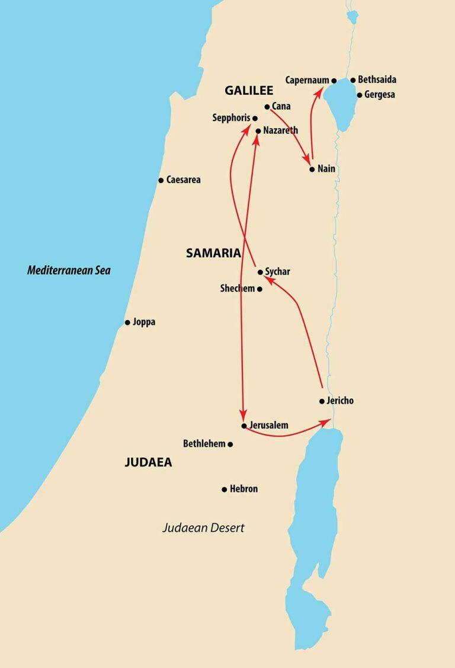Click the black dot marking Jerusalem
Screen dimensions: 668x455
(x=243, y=426)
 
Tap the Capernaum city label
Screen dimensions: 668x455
(x=307, y=80)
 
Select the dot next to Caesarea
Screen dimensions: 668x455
(x=161, y=180)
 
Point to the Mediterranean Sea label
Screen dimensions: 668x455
(x=69, y=271)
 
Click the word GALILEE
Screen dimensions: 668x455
(x=248, y=91)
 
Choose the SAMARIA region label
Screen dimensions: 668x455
(x=213, y=253)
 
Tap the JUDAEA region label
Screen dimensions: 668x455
(x=148, y=462)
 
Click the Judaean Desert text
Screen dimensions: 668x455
(x=203, y=528)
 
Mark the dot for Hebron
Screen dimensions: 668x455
(x=224, y=490)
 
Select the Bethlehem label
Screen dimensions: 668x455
(x=204, y=443)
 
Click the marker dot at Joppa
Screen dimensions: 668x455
(x=127, y=322)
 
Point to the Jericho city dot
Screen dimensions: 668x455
(x=322, y=401)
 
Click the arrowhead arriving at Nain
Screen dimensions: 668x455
(x=308, y=161)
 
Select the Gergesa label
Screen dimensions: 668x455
(x=380, y=95)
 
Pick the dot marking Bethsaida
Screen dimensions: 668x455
(x=353, y=80)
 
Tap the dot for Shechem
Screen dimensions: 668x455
(x=259, y=289)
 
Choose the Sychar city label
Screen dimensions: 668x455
(x=277, y=272)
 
